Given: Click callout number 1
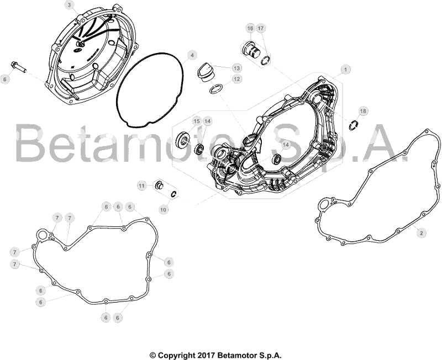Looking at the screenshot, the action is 346,70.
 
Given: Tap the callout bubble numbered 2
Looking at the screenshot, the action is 422,233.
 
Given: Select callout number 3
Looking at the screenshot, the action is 70,5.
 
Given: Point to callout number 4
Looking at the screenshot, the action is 192,55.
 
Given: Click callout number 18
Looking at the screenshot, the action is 363,111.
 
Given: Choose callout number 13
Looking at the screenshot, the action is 237,68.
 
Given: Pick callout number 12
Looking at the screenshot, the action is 237,79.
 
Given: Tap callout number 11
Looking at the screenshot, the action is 141,186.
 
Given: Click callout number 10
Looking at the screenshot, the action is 163,210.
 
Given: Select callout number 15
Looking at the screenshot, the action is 197,121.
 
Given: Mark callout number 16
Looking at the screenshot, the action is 250,29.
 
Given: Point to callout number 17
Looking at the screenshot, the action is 261,29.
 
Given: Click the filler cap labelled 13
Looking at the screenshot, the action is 206,72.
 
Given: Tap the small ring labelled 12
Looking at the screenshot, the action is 215,89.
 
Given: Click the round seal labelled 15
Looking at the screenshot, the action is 182,140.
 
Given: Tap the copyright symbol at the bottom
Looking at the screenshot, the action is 152,354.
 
